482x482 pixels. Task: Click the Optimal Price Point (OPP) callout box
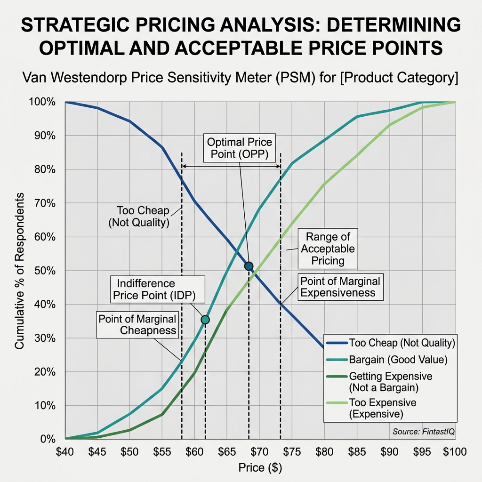(x=239, y=148)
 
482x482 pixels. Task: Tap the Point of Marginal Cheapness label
(x=137, y=324)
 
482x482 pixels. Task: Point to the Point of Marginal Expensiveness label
(x=340, y=287)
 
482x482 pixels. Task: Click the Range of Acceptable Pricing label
(x=328, y=249)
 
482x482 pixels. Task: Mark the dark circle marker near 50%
(x=249, y=266)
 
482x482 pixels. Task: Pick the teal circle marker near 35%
(x=205, y=320)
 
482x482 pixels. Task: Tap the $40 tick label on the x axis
(x=64, y=452)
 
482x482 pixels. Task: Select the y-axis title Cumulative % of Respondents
(x=20, y=271)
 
